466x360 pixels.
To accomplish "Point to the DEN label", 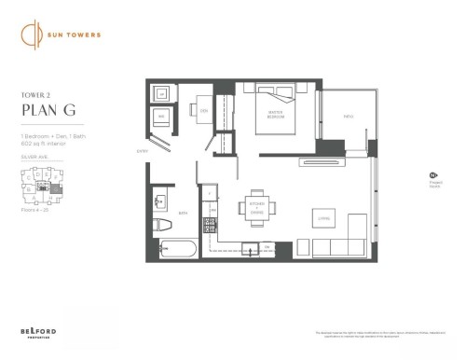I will tap(204, 111).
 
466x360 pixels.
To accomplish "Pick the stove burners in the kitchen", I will tap(210, 225).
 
